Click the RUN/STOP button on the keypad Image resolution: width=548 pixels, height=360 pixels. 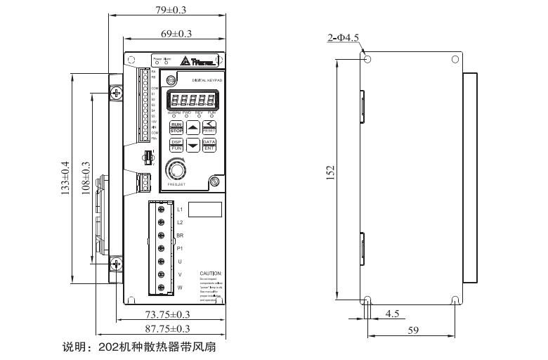coord(176,127)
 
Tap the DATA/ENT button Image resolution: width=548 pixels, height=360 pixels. coord(209,145)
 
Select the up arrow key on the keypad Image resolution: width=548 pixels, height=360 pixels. coord(193,127)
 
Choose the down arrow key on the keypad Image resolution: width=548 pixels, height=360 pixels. coord(193,146)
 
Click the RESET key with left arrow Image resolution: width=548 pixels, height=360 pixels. coord(209,127)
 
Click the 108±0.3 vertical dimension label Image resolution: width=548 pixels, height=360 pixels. coord(86,179)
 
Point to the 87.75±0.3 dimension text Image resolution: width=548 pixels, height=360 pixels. coord(168,328)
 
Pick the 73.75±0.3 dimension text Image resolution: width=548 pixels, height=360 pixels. coord(168,314)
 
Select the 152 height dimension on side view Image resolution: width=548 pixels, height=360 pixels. coord(331,173)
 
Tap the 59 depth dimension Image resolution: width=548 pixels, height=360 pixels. coord(413,329)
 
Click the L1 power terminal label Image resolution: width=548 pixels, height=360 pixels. coord(180,210)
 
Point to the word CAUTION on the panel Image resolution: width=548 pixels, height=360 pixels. coord(210,273)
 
